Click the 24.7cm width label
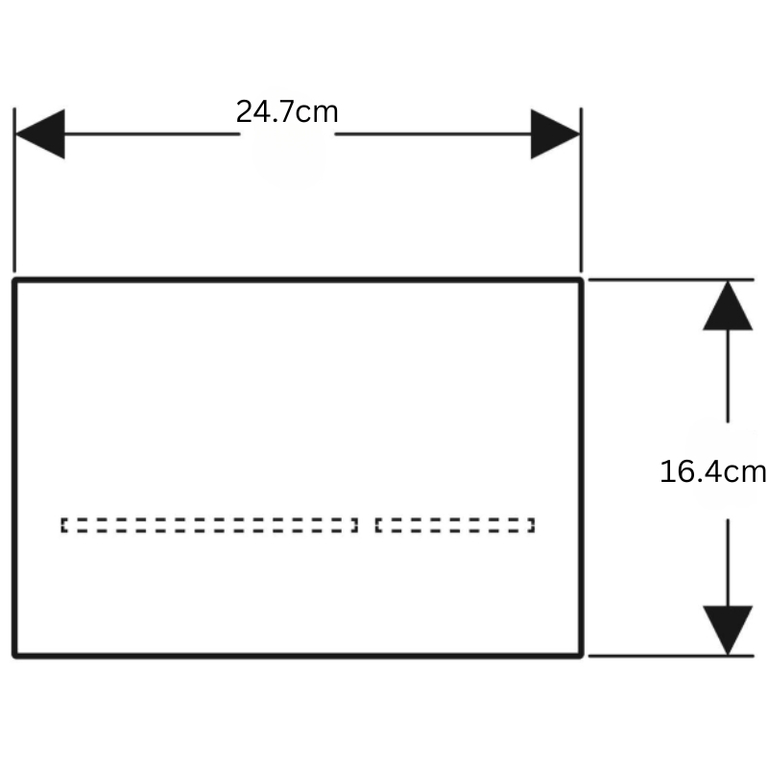[x=287, y=111]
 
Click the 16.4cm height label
[x=713, y=471]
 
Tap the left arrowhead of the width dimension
[x=39, y=133]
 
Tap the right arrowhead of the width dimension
[x=556, y=133]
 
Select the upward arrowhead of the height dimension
[x=728, y=305]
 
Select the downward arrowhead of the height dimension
[x=728, y=631]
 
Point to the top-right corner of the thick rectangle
[x=581, y=280]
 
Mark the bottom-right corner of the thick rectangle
[x=581, y=656]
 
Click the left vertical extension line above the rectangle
[x=14, y=189]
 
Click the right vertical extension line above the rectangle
[x=582, y=189]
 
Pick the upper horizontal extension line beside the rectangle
[x=671, y=279]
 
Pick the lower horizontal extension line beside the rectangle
[x=671, y=656]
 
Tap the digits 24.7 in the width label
[x=265, y=111]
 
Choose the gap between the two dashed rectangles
[x=367, y=525]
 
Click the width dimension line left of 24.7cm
[x=152, y=133]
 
